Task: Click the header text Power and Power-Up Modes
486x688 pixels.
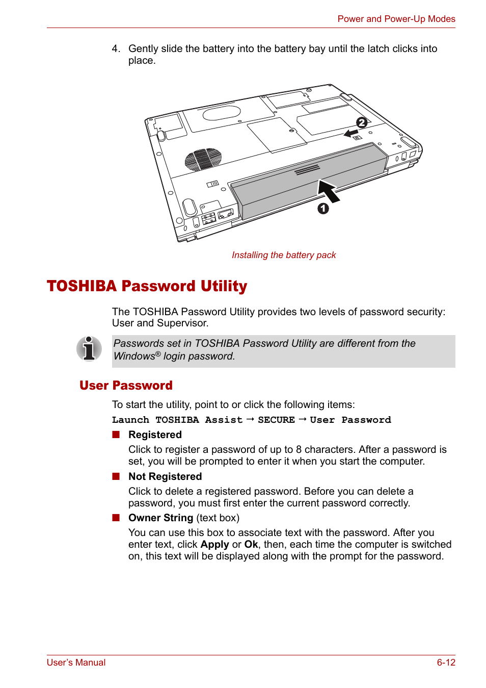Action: [x=396, y=19]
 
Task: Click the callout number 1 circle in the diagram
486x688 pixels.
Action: [x=323, y=209]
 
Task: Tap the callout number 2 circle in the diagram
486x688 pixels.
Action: [x=362, y=122]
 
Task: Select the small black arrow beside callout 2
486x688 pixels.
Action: [x=351, y=133]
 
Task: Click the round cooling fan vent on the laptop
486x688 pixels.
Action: [x=203, y=159]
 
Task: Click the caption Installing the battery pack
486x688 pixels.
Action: [x=284, y=255]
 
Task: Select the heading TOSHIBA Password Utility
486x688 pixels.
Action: [x=147, y=286]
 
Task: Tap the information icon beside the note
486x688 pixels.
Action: [x=89, y=349]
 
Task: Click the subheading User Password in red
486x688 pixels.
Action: [x=126, y=386]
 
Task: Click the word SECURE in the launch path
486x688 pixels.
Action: [x=276, y=420]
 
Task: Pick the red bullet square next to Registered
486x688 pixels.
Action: [x=116, y=435]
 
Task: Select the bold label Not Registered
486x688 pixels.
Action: [x=165, y=476]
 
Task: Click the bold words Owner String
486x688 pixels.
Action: [x=160, y=518]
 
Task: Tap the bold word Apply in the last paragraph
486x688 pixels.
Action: [x=214, y=544]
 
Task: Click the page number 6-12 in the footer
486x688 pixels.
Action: [x=446, y=662]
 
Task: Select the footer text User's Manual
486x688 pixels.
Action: [x=76, y=662]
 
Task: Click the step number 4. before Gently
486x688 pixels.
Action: [x=116, y=48]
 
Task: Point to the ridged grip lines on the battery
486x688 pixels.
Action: [x=307, y=169]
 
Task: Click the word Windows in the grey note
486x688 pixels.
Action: [x=134, y=356]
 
